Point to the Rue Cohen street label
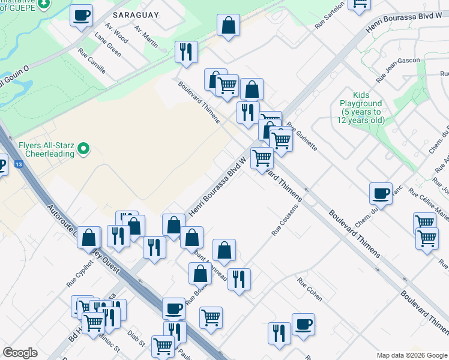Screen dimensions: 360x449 click(x=309, y=288)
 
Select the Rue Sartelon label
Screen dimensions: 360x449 click(x=330, y=15)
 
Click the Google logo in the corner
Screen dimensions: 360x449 click(x=20, y=353)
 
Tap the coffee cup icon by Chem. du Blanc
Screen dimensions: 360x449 click(x=381, y=193)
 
